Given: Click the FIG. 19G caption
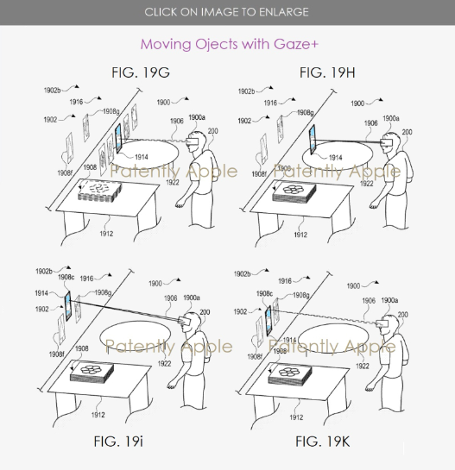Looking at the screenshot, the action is (x=141, y=72).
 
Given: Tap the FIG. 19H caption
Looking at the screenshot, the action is (x=327, y=72).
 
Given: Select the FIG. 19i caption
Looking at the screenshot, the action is (x=118, y=442).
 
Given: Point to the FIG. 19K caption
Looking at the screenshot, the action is (x=323, y=442).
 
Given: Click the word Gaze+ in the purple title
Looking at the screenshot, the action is (x=295, y=44).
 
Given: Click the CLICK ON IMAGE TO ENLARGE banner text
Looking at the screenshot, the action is (x=226, y=12).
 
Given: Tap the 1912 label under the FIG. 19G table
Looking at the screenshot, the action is (x=106, y=234).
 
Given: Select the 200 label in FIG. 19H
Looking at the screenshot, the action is (x=407, y=132).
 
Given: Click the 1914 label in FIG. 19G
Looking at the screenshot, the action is (x=142, y=157).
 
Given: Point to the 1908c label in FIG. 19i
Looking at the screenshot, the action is (x=66, y=278).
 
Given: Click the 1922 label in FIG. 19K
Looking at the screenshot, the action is (x=363, y=366).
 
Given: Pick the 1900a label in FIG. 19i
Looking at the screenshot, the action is (x=192, y=298).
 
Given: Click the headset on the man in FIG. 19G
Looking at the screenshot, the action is (x=193, y=141).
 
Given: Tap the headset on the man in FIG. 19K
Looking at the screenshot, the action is (x=382, y=323).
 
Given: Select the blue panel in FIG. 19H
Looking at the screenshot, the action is (x=313, y=140).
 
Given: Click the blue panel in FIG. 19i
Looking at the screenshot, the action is (x=68, y=306).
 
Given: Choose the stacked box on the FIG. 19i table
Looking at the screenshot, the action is (x=92, y=373).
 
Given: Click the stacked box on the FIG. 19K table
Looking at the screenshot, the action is (x=290, y=373).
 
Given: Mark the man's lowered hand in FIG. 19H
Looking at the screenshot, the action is (x=374, y=206).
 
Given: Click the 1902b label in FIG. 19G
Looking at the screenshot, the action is (x=52, y=90).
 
